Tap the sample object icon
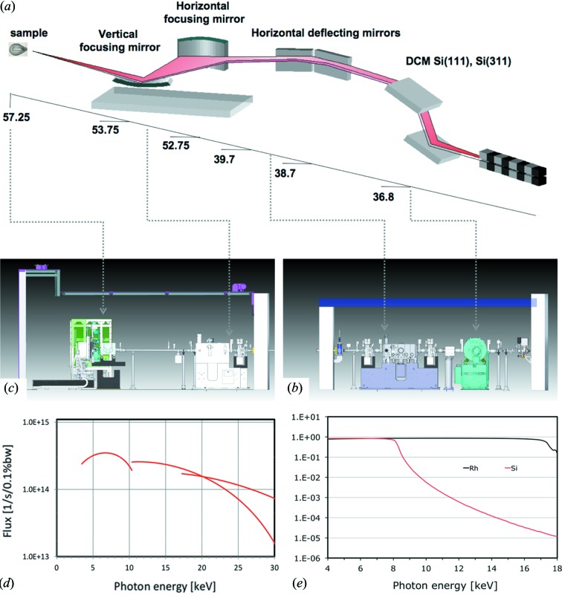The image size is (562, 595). tap(21, 50)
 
